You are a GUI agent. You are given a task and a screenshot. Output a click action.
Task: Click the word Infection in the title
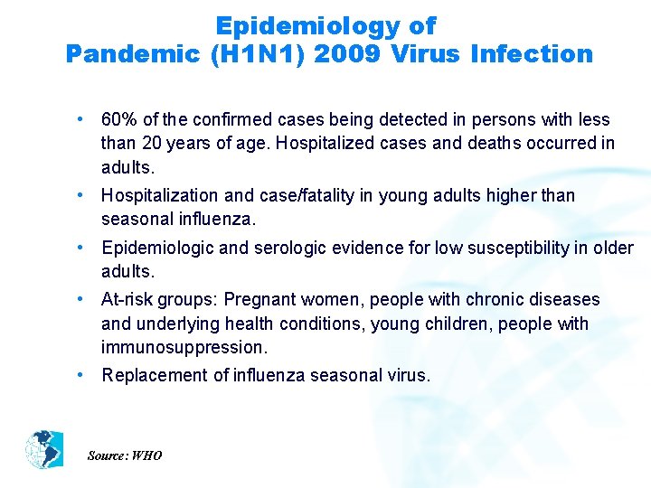tap(532, 54)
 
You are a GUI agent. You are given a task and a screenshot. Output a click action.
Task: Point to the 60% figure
tap(118, 120)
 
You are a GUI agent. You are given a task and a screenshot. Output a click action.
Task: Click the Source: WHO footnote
tap(125, 455)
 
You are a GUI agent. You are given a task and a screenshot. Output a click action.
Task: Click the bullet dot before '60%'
tap(81, 119)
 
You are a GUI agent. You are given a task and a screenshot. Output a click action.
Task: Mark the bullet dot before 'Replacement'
tap(81, 374)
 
